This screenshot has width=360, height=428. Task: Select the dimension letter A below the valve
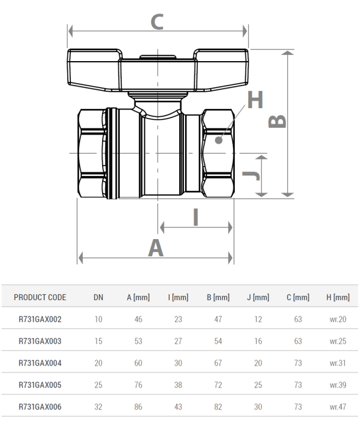[156, 248]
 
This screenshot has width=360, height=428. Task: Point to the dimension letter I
[196, 216]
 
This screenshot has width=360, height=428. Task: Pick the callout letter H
[255, 100]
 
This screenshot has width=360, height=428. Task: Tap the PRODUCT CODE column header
[40, 298]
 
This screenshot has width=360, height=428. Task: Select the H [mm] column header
[338, 298]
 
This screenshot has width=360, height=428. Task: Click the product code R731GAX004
[40, 363]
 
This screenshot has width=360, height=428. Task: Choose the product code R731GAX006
[40, 407]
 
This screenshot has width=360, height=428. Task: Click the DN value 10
[98, 319]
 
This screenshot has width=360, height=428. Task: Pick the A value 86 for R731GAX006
[139, 407]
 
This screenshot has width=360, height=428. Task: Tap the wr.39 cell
[338, 385]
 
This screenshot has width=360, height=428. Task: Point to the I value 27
[178, 341]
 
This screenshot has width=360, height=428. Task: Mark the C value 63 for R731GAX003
[298, 341]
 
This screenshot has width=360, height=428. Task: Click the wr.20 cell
[338, 319]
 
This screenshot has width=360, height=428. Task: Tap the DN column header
[98, 298]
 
